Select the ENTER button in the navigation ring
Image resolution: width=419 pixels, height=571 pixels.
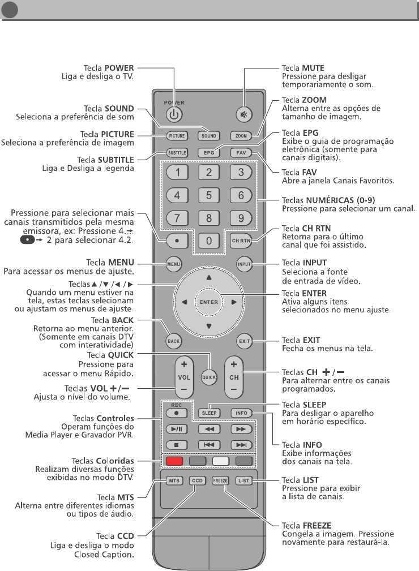(208, 302)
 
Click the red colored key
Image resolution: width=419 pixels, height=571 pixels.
(176, 460)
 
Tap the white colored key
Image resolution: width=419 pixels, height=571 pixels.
(220, 460)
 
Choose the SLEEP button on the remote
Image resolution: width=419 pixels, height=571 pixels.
(209, 413)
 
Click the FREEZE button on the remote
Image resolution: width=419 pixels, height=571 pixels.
(220, 481)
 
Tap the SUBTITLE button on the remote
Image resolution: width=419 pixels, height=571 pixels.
(176, 152)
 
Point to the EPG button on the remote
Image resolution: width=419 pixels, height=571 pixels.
(208, 152)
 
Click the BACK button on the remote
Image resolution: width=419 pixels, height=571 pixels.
(173, 341)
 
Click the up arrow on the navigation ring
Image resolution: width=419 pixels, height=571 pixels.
(208, 278)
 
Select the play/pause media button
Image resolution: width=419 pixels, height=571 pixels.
(175, 429)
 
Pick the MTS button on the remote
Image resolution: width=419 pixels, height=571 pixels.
(175, 481)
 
